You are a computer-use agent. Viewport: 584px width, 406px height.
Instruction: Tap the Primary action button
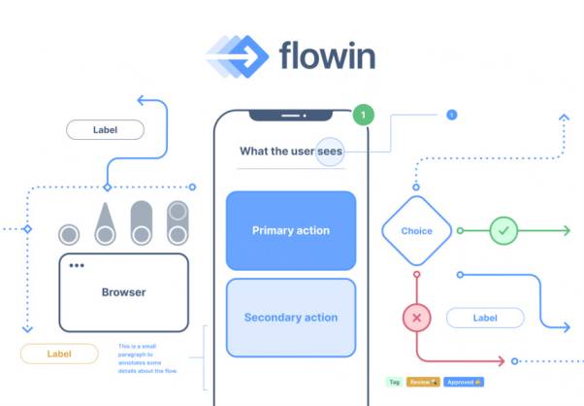tap(291, 230)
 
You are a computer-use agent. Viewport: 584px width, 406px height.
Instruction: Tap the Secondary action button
tap(291, 318)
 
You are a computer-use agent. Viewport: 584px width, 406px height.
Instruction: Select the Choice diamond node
tap(416, 231)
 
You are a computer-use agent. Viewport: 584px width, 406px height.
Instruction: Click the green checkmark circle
tap(503, 231)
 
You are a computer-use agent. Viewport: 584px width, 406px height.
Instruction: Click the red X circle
tap(417, 318)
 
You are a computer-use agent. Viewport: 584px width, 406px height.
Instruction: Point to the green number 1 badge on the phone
tap(363, 116)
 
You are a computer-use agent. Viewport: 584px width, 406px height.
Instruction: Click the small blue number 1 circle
tap(450, 115)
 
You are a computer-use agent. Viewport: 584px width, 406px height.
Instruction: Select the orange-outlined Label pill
tap(59, 354)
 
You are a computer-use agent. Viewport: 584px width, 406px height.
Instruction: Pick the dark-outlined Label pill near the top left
tap(105, 129)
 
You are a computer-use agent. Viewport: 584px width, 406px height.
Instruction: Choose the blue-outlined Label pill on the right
tap(485, 318)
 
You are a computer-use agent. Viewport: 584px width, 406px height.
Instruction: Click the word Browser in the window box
tap(123, 291)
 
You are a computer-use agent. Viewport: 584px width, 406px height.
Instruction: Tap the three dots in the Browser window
tap(76, 266)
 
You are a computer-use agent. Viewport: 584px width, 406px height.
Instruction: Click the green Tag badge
tap(394, 382)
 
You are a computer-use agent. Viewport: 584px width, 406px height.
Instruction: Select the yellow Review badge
tap(423, 382)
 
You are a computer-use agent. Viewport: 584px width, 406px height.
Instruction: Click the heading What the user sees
tap(290, 151)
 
